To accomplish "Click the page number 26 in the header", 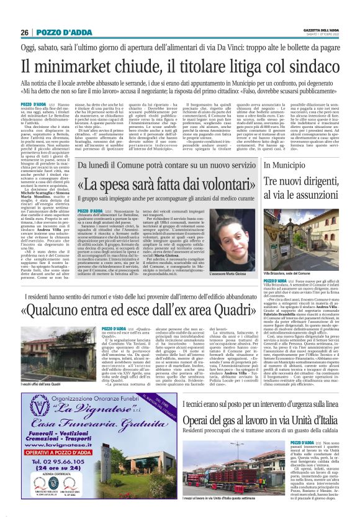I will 24,32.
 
